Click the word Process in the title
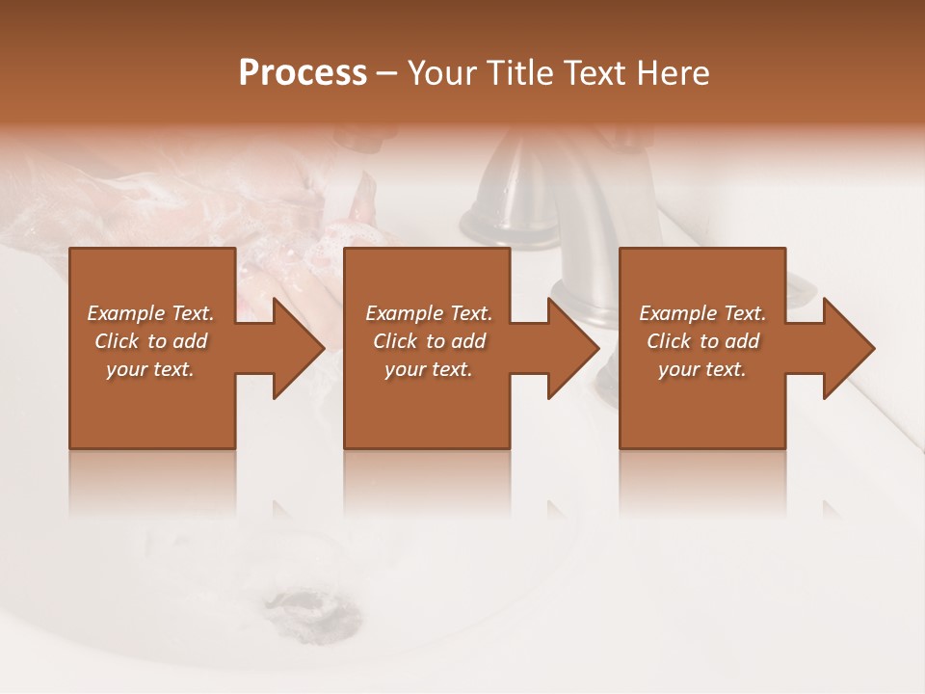[x=303, y=73]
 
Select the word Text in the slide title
[x=595, y=73]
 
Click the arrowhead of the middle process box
[x=571, y=348]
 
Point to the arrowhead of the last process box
[x=847, y=348]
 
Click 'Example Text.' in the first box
[x=150, y=313]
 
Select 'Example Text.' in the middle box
[x=428, y=313]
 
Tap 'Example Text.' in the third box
[x=702, y=313]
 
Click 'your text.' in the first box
[x=150, y=369]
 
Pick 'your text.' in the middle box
[x=428, y=369]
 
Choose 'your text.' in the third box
[x=702, y=369]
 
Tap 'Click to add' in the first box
[x=150, y=341]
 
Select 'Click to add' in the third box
[x=702, y=341]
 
